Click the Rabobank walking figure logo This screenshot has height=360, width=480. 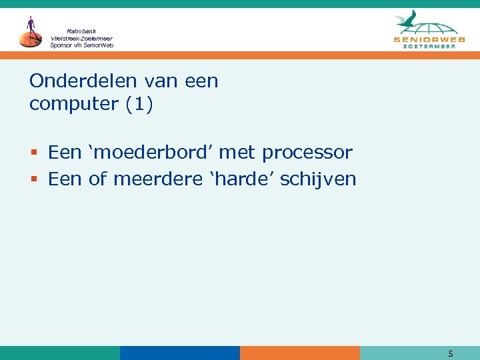(30, 32)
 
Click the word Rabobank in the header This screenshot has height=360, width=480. (81, 31)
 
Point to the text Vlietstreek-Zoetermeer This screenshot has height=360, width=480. (81, 38)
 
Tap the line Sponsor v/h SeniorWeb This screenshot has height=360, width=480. (81, 45)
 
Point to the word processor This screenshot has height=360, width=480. (307, 153)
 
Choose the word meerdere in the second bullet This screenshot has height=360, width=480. (156, 179)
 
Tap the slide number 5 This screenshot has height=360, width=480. (451, 353)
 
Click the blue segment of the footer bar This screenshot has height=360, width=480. (180, 353)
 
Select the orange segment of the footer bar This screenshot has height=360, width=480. (300, 353)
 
